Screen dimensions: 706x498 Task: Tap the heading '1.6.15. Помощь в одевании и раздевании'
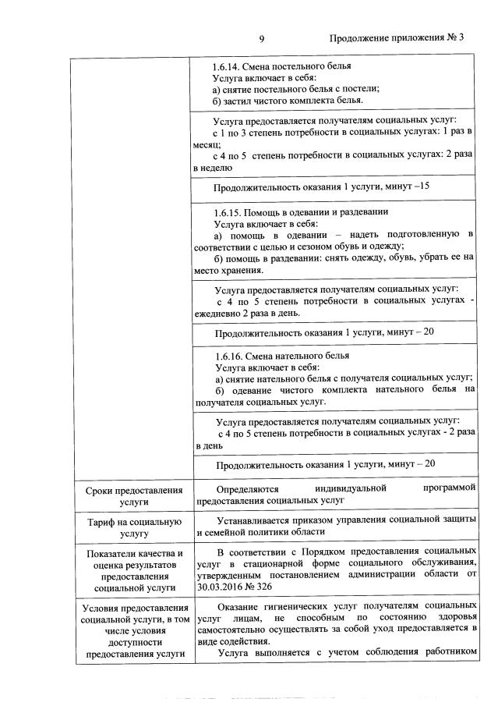(x=300, y=212)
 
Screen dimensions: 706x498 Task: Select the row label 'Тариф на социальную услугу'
(x=135, y=527)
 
